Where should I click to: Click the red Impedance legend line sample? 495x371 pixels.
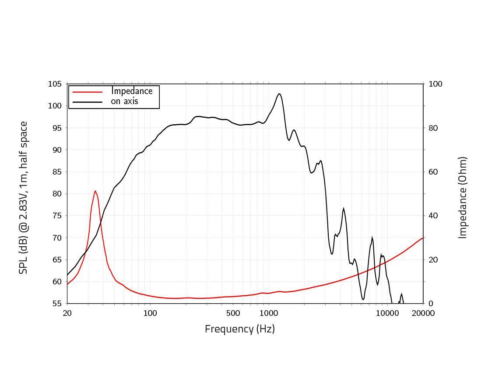coord(88,92)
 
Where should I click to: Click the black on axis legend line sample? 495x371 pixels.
coord(88,102)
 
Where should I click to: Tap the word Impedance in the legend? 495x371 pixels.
coord(132,91)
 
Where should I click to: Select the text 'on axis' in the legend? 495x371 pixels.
coord(124,101)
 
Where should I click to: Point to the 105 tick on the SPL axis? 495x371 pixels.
coord(55,84)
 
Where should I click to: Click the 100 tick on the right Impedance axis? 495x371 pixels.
coord(435,84)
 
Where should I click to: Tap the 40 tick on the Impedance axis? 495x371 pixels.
coord(433,216)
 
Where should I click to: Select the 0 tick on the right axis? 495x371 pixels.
coord(431,304)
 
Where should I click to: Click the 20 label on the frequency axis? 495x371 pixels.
coord(67,313)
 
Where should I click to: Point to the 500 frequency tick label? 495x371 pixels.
coord(233,313)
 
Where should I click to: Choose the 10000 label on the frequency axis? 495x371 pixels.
coord(387,313)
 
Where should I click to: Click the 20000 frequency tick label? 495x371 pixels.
coord(423,313)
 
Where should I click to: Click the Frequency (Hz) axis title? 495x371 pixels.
coord(240,329)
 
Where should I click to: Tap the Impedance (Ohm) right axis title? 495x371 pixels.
coord(463,198)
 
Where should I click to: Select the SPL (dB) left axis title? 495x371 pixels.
coord(23,198)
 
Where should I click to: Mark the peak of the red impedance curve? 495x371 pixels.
coord(95,191)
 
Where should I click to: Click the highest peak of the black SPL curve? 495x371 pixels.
coord(279,94)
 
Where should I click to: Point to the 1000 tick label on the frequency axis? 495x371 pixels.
coord(269,313)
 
